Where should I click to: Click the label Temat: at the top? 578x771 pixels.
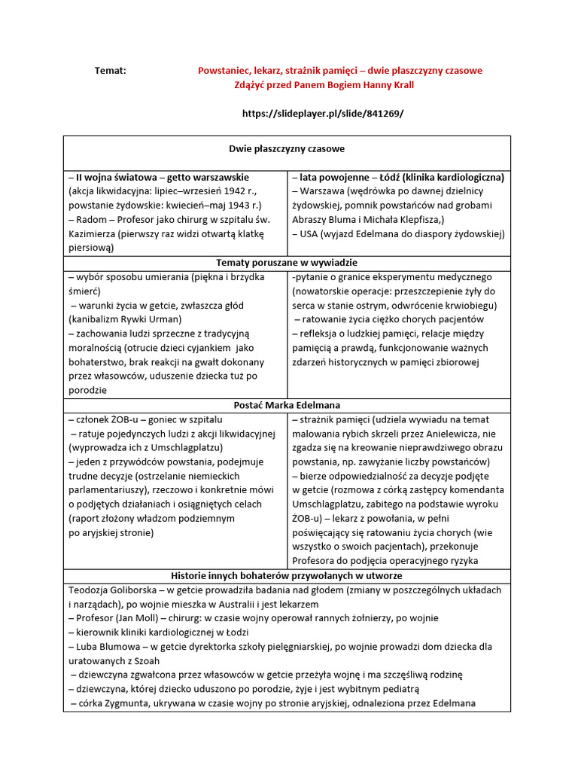point(111,70)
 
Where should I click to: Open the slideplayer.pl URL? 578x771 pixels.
point(323,113)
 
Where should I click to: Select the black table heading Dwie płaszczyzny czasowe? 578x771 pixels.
point(287,149)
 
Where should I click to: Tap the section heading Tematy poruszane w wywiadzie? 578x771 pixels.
point(287,262)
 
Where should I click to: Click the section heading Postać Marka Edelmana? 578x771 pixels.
point(287,405)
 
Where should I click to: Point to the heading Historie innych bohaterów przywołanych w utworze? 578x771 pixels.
point(287,575)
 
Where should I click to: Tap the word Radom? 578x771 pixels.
point(90,219)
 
